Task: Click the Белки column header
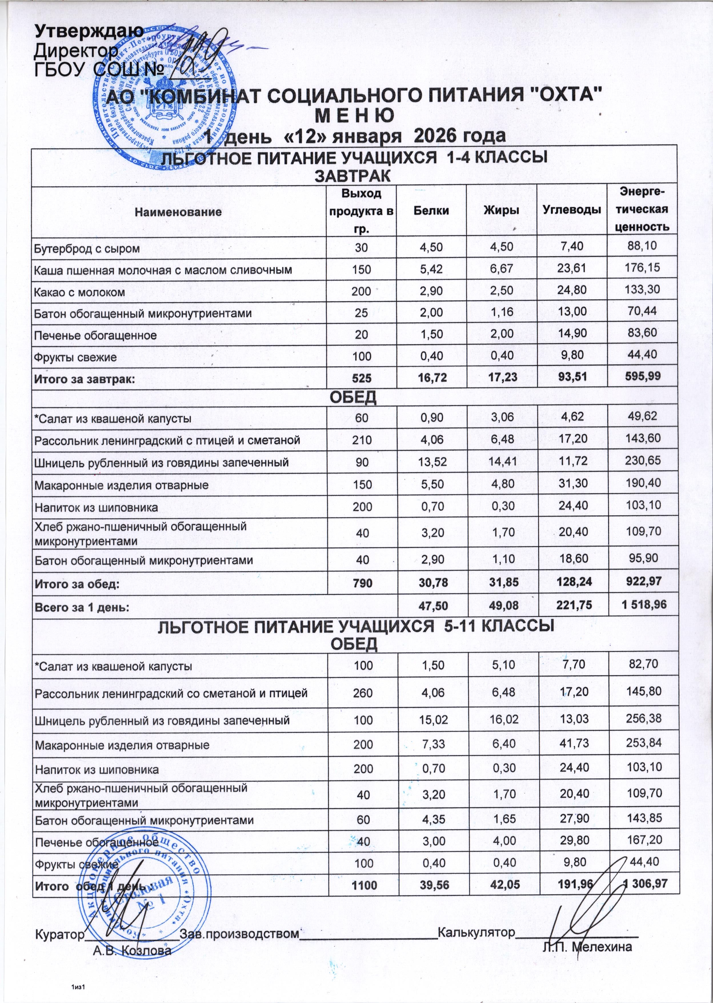[x=431, y=210]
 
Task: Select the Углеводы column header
[x=572, y=210]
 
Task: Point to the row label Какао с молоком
[x=79, y=292]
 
